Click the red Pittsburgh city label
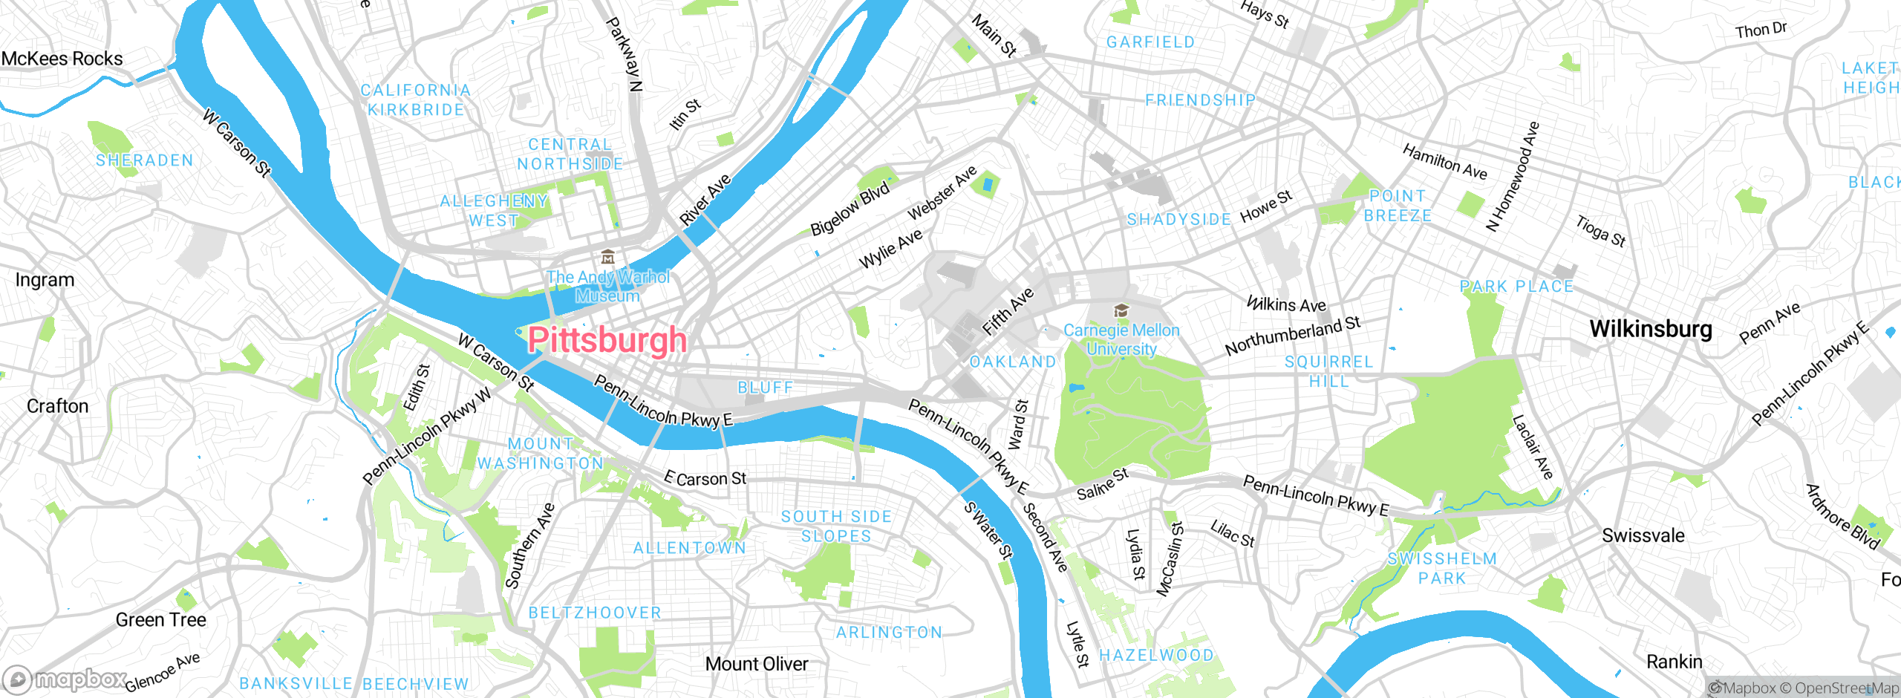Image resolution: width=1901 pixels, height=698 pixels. click(607, 340)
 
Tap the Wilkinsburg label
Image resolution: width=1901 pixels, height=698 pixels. click(1650, 329)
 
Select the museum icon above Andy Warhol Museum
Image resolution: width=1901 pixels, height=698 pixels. click(607, 257)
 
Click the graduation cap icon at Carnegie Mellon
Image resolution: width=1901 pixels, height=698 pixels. click(1121, 310)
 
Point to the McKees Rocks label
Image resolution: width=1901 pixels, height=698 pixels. click(62, 59)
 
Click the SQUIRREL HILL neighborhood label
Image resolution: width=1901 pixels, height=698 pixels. click(1328, 371)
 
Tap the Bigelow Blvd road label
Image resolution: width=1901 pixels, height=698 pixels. click(850, 209)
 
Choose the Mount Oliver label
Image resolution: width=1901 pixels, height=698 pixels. click(756, 664)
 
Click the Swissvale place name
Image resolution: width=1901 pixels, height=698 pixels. click(1643, 535)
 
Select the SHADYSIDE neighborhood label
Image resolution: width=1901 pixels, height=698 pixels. click(1178, 220)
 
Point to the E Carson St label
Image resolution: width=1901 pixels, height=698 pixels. click(705, 479)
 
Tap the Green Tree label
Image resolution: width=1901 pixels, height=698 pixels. click(160, 620)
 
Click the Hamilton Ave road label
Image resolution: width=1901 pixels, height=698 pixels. click(1444, 162)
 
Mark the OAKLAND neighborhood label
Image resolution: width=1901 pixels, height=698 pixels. click(1013, 362)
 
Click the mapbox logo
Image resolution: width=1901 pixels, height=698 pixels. click(65, 679)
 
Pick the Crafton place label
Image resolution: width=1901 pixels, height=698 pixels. click(57, 406)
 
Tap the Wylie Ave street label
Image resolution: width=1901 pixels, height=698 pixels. click(890, 249)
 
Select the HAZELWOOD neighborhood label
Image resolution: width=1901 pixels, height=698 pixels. click(1156, 655)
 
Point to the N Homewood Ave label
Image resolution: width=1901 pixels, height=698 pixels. click(1513, 177)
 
